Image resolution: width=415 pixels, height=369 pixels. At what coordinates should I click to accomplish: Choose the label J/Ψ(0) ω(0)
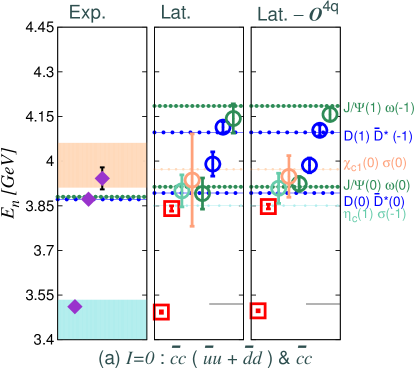371,185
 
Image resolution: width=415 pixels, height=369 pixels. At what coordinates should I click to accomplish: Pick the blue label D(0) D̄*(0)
371,201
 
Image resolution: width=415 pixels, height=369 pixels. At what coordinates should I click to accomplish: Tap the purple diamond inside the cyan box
75,306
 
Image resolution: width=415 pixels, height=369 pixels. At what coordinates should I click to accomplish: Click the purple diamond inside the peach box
101,178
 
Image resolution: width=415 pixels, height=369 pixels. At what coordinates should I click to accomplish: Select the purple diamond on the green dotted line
88,199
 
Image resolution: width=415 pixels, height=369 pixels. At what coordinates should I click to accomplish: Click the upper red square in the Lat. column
171,208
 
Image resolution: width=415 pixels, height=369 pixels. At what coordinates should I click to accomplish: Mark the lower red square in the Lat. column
160,312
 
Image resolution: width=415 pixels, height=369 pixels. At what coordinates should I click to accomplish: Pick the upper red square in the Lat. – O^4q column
267,206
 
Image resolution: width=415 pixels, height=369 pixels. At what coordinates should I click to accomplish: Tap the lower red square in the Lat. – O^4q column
257,311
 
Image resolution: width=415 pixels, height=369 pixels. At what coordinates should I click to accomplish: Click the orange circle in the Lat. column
192,180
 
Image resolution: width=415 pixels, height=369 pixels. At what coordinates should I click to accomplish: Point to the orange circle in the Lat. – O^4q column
289,177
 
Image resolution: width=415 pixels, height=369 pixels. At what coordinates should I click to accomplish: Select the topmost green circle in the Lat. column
234,118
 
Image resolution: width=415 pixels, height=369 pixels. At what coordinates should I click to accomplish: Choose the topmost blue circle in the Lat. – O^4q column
319,129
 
